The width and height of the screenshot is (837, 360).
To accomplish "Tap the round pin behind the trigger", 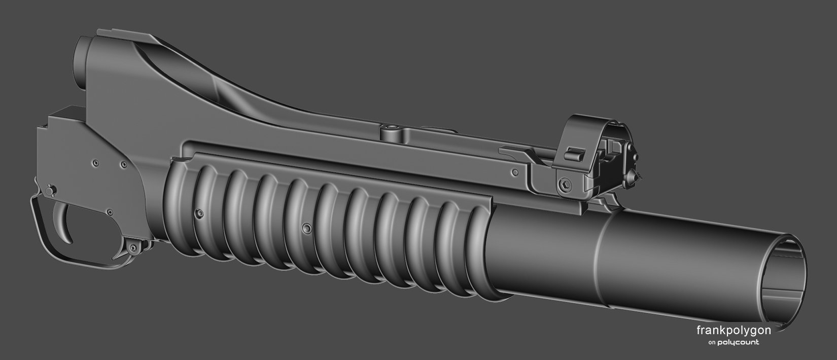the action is click(x=49, y=191).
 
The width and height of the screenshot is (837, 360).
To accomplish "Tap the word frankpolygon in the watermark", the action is click(x=734, y=330).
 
